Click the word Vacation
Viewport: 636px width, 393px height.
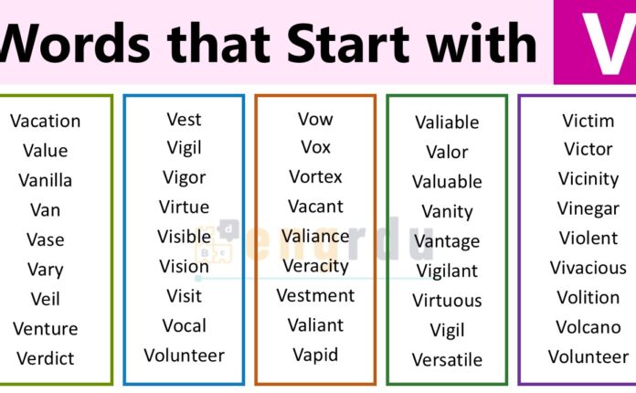pos(45,121)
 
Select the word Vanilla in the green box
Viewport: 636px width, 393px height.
pos(45,180)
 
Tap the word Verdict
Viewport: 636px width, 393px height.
pos(45,357)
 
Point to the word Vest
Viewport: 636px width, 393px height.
pos(184,119)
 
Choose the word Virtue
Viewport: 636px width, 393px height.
pos(184,207)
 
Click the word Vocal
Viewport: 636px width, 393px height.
pos(184,325)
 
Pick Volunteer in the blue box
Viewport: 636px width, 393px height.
pos(184,356)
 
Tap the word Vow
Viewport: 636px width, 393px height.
pos(315,119)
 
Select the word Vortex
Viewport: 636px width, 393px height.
pos(315,176)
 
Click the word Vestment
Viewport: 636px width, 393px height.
pos(315,295)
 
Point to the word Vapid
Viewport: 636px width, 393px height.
pos(315,355)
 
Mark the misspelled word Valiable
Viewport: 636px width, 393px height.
pos(447,122)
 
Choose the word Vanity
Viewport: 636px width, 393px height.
pos(447,211)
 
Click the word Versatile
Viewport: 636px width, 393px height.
pos(447,359)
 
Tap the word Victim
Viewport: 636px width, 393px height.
pos(588,120)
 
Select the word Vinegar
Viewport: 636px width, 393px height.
pos(588,208)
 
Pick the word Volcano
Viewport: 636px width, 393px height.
pos(588,326)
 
